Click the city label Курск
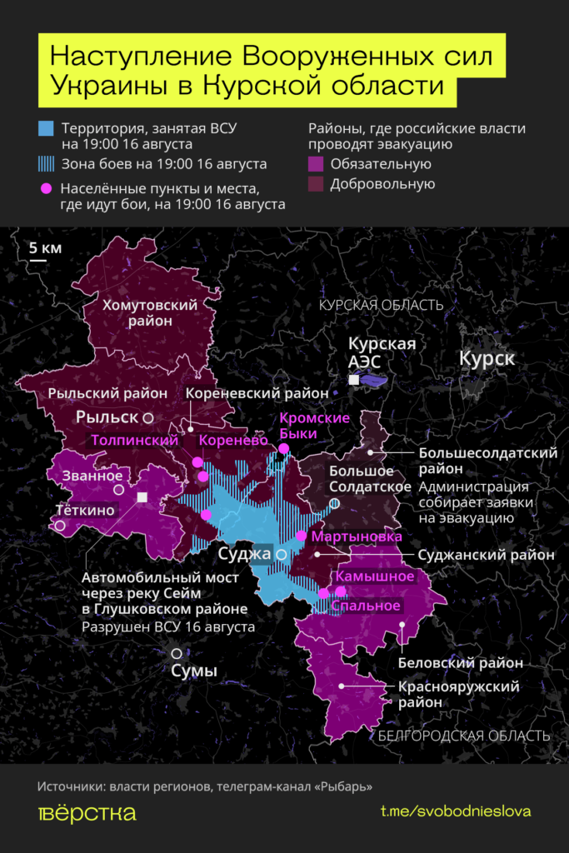coord(487,359)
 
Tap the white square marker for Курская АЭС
coord(354,380)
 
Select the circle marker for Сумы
coord(177,654)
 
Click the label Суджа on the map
coord(244,553)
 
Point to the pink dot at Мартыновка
coord(302,536)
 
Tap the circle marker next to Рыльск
coord(147,416)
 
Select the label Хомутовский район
coord(150,313)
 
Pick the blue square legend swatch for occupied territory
coord(47,128)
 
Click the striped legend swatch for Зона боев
coord(47,163)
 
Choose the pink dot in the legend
coord(47,189)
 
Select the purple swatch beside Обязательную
coord(316,164)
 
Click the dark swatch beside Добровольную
coord(316,184)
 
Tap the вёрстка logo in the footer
coord(87,813)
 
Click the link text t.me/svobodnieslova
coord(455,811)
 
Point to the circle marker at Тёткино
coord(60,526)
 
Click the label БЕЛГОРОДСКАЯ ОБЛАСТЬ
coord(463,736)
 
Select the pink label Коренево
coord(232,439)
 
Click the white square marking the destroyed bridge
coord(142,497)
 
